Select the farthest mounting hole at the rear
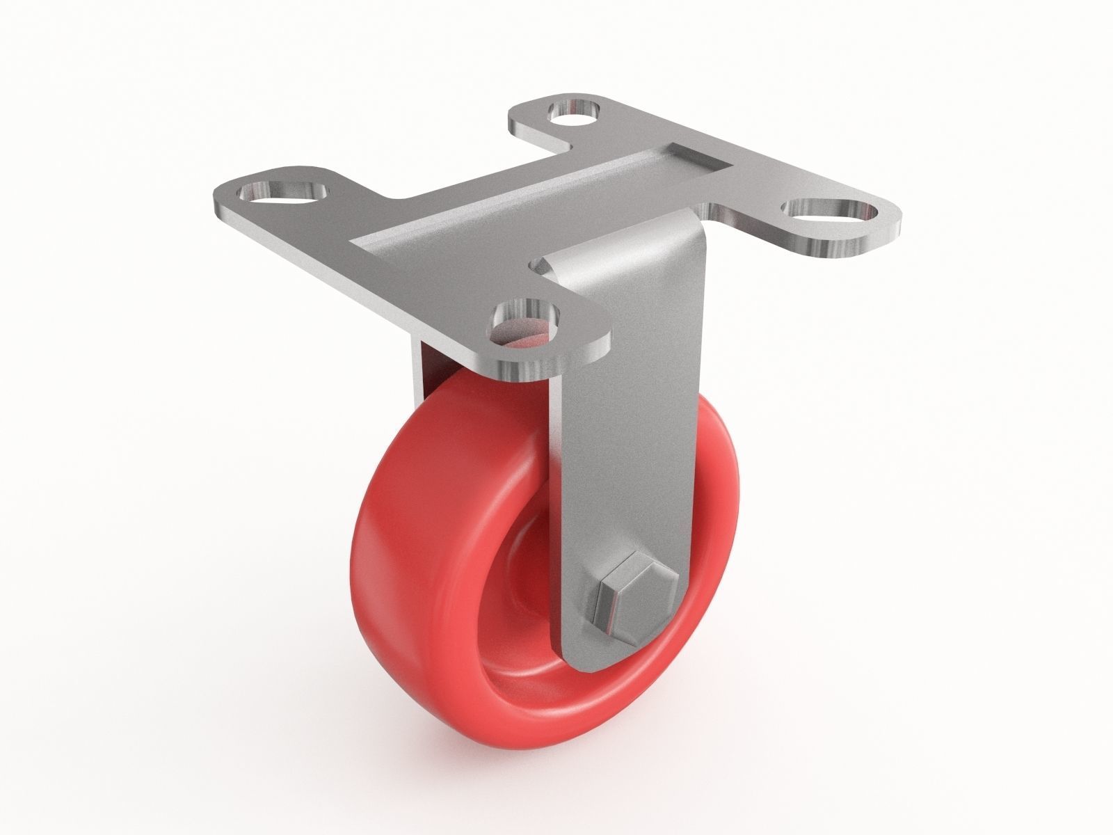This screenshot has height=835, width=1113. (x=575, y=110)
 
